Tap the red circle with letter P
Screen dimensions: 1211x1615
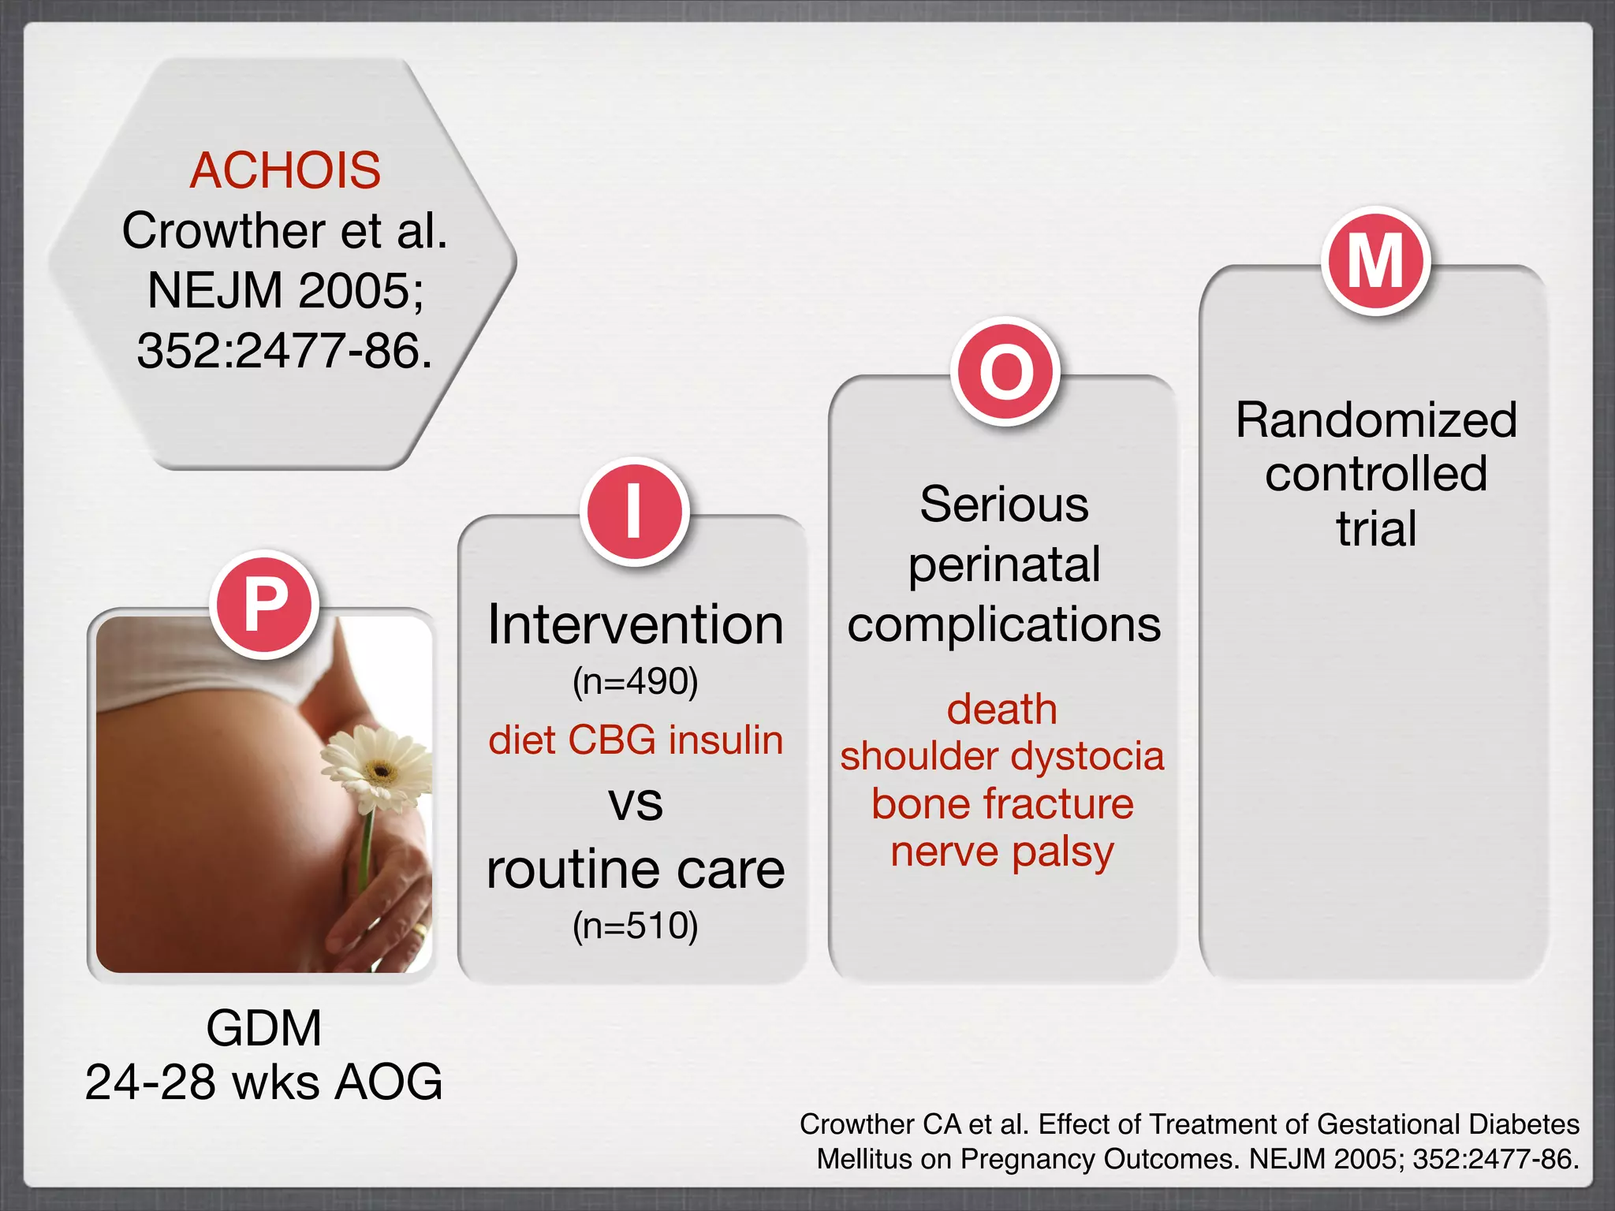pos(265,605)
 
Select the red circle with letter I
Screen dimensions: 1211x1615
pos(635,512)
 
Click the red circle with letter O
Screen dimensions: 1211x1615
pos(1005,371)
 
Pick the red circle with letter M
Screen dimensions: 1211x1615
pos(1376,261)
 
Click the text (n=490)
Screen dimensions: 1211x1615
pos(636,681)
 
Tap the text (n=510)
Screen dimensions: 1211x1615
pos(636,926)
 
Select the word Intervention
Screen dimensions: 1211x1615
pos(636,625)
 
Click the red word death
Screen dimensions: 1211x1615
pos(1002,709)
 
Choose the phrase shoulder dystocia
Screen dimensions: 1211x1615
pos(1002,756)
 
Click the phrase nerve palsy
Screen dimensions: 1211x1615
pos(1002,852)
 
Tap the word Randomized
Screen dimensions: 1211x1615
pos(1376,419)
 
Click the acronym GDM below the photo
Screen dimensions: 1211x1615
pos(264,1028)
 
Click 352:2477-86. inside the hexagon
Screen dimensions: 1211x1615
pos(285,351)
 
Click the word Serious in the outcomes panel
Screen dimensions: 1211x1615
pos(1004,504)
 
